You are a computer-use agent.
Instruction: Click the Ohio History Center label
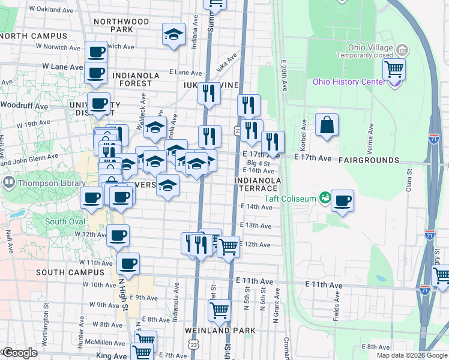coord(348,82)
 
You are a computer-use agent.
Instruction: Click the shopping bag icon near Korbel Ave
coord(327,126)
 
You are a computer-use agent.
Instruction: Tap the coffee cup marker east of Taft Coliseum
coord(342,201)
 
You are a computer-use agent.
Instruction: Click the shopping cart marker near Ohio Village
coord(394,69)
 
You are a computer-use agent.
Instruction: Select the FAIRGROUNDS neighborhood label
coord(369,161)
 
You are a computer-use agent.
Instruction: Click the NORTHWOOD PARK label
coord(121,25)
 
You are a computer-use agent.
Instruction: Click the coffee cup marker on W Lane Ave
coord(95,72)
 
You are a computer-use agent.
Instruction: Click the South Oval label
coord(64,221)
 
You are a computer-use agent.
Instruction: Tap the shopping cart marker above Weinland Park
coord(220,311)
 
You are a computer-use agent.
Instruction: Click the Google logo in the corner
coord(20,353)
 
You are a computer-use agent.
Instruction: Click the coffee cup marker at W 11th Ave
coord(128,263)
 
